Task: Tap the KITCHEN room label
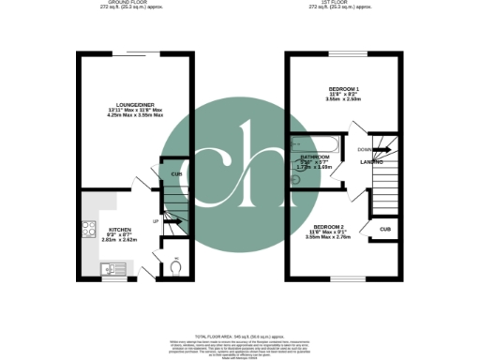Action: coord(119,229)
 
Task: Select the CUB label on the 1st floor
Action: coord(384,228)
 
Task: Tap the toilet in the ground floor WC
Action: coord(175,266)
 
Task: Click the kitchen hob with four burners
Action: coord(90,229)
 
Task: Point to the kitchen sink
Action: coord(104,269)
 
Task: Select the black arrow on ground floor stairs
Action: coord(171,221)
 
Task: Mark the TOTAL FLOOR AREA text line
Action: coord(240,336)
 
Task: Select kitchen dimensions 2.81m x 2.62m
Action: coord(119,241)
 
